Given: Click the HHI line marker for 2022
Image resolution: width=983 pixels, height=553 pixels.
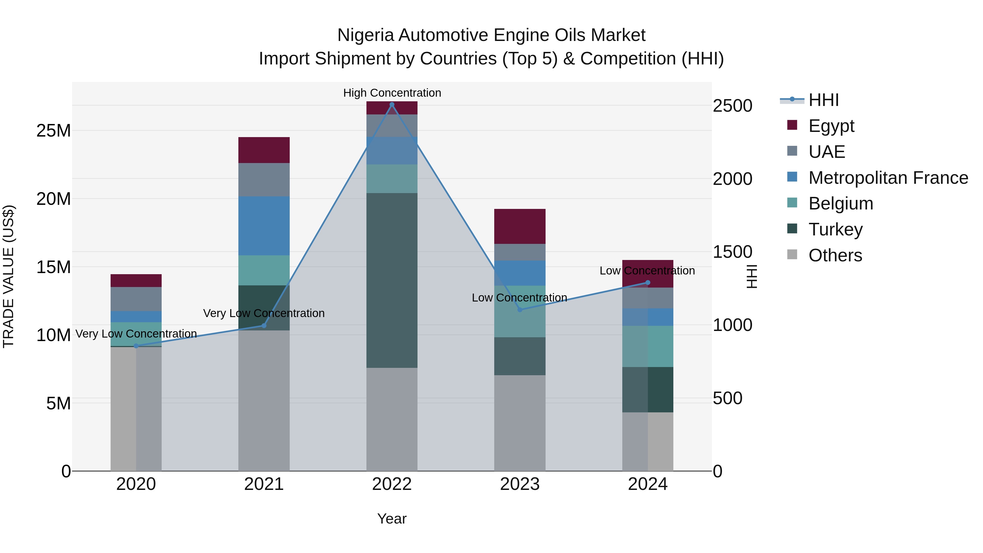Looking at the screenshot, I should click(x=392, y=105).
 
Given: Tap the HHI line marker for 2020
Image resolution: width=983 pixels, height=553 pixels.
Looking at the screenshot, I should click(x=136, y=346).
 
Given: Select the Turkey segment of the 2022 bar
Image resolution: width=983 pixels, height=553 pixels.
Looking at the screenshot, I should click(x=392, y=280).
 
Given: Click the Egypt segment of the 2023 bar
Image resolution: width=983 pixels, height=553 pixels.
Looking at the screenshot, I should click(x=519, y=226).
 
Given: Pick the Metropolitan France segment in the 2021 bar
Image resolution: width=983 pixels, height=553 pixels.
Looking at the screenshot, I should click(x=264, y=226).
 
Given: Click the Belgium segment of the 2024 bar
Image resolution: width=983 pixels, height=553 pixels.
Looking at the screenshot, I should click(x=648, y=346).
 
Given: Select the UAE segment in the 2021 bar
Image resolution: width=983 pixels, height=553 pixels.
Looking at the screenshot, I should click(x=264, y=180).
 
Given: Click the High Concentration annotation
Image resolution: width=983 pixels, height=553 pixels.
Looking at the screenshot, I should click(x=392, y=93).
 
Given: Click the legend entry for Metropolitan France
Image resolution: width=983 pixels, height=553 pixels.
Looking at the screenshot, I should click(x=888, y=178).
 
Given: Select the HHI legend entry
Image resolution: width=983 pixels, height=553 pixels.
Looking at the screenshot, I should click(x=824, y=100).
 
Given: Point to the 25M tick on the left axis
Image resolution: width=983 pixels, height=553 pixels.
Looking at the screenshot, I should click(x=54, y=131).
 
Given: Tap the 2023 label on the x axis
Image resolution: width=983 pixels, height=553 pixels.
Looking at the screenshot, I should click(x=519, y=484).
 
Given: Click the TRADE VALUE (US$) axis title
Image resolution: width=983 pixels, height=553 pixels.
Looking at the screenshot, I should click(x=9, y=276).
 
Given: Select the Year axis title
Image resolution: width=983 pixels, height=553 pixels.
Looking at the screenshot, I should click(x=392, y=519).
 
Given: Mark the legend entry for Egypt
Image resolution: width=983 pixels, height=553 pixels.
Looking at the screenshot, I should click(x=831, y=126).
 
